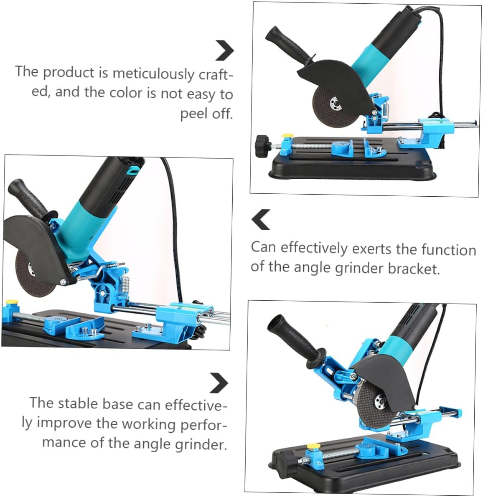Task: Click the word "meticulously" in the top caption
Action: click(x=153, y=74)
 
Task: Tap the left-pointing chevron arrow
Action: click(x=261, y=220)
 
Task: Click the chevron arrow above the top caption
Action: click(x=225, y=51)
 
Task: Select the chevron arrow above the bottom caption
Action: click(x=219, y=383)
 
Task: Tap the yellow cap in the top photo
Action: click(x=287, y=137)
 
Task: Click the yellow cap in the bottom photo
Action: click(x=311, y=447)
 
